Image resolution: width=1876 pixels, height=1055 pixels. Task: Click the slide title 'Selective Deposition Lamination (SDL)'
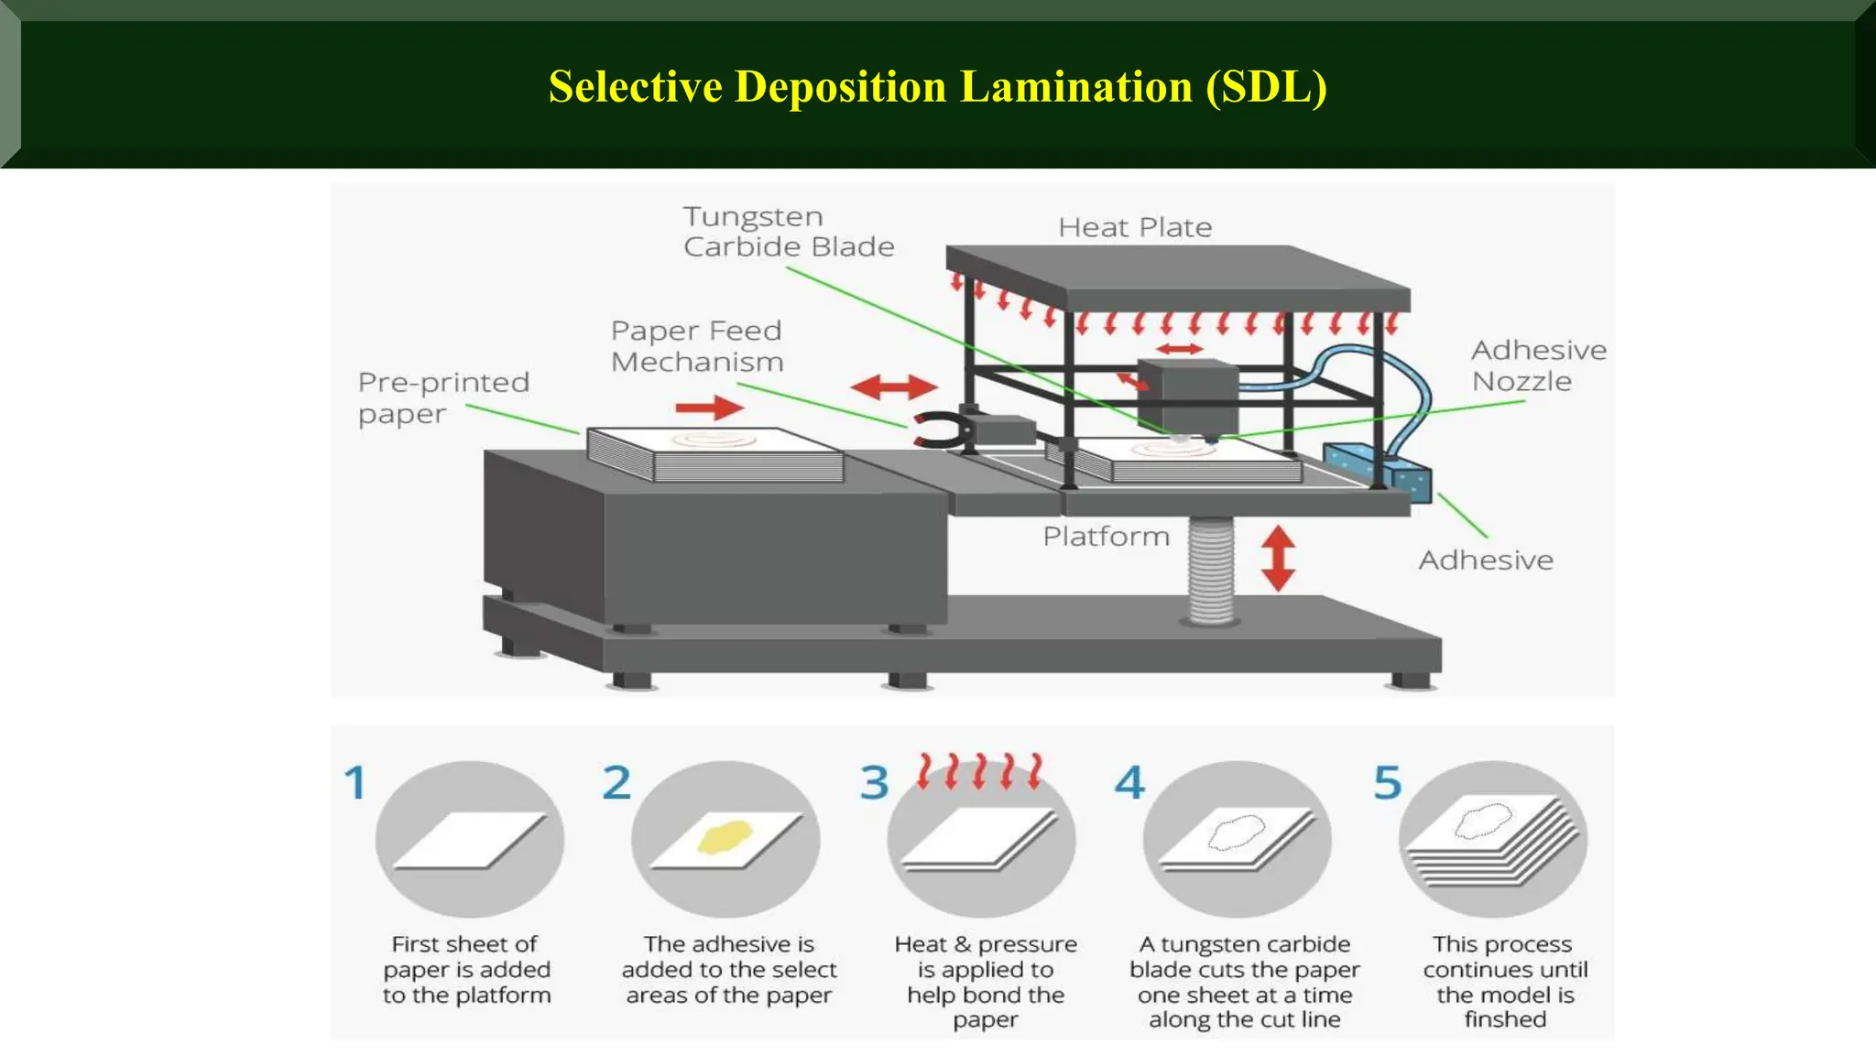point(938,87)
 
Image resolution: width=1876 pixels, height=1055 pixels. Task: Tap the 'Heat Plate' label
point(1135,227)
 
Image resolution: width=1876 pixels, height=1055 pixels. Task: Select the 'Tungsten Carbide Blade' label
point(789,232)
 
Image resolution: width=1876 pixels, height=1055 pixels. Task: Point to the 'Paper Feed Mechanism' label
point(697,346)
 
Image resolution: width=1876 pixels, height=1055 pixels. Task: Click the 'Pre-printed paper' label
point(443,398)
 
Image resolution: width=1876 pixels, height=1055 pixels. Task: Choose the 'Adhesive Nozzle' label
point(1539,365)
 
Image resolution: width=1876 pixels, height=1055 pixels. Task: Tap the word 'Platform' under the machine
point(1107,536)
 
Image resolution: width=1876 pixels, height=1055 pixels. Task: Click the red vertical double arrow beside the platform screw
point(1278,557)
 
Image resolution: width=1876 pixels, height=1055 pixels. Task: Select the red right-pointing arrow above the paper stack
point(710,408)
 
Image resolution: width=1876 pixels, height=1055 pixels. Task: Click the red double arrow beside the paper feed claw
point(894,387)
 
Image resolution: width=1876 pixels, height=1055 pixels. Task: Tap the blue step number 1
point(355,782)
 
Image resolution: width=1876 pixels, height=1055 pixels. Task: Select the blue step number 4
point(1129,782)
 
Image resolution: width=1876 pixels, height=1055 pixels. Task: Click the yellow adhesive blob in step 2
point(725,837)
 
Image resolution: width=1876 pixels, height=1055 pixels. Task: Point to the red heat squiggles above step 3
point(980,771)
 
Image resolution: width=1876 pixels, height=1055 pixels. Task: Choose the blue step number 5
point(1387,782)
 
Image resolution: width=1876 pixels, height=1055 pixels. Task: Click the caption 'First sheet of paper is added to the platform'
point(466,970)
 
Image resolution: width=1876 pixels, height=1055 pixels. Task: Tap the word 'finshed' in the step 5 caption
point(1505,1019)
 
